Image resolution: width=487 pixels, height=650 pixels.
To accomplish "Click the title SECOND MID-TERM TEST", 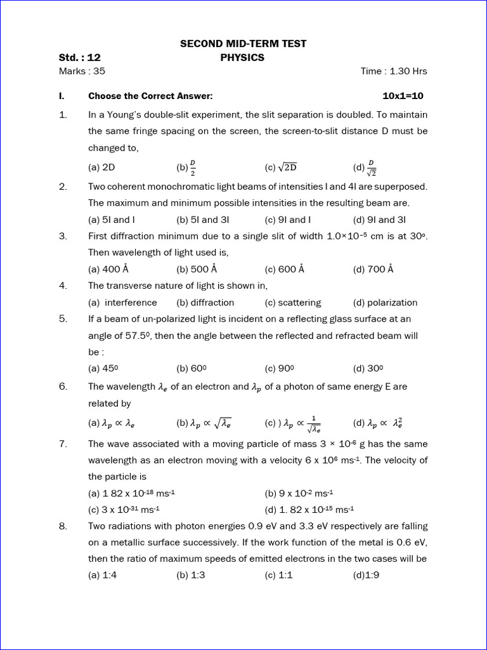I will pyautogui.click(x=243, y=44).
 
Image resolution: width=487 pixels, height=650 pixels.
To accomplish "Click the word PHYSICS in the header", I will pyautogui.click(x=242, y=58).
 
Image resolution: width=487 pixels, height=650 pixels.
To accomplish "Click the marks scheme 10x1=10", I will pyautogui.click(x=403, y=96).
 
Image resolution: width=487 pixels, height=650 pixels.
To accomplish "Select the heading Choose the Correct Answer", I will pyautogui.click(x=150, y=96).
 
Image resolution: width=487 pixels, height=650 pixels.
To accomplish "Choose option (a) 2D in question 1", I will pyautogui.click(x=101, y=168).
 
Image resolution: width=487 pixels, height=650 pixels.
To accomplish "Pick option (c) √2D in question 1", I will pyautogui.click(x=281, y=168).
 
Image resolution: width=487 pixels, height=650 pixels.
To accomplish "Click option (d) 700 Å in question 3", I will pyautogui.click(x=373, y=269).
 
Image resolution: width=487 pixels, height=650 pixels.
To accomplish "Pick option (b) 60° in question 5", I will pyautogui.click(x=192, y=368).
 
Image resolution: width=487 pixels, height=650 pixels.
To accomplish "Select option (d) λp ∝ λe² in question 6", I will pyautogui.click(x=378, y=423).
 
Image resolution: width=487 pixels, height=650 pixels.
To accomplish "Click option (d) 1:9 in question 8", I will pyautogui.click(x=366, y=576).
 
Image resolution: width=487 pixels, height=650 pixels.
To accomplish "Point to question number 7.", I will pyautogui.click(x=63, y=444).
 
